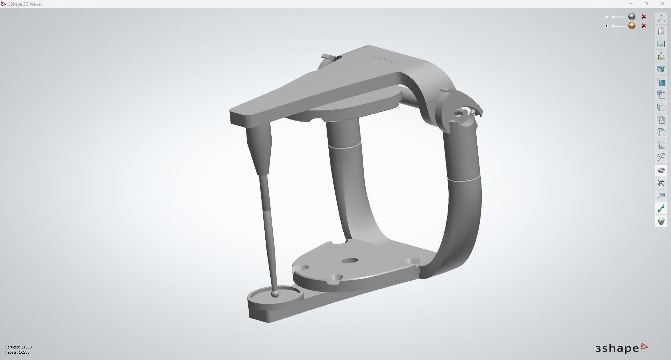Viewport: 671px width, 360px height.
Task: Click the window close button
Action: point(662,4)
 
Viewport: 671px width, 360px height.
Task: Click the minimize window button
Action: point(631,4)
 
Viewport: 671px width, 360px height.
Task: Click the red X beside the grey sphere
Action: point(644,17)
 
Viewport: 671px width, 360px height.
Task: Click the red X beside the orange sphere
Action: point(644,26)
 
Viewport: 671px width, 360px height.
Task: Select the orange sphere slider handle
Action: point(631,26)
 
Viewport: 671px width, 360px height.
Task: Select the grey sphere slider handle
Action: point(631,16)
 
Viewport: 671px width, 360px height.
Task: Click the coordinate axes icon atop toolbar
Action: point(661,19)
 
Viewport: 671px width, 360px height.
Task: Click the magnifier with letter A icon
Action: point(661,157)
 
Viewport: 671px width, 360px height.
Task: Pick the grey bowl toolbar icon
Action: point(661,171)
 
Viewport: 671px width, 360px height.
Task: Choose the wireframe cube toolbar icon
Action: point(661,183)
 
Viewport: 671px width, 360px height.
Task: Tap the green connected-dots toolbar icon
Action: point(661,209)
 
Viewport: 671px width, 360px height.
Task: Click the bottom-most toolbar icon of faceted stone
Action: point(661,221)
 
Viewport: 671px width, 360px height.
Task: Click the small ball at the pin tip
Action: point(275,294)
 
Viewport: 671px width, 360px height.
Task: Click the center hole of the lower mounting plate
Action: point(349,261)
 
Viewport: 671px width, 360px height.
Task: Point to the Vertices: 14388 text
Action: point(19,347)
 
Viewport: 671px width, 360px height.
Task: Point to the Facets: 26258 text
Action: point(17,352)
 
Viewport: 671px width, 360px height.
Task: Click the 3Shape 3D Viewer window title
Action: point(25,4)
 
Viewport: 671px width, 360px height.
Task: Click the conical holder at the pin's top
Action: point(259,147)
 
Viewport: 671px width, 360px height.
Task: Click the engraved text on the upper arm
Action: point(384,59)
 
